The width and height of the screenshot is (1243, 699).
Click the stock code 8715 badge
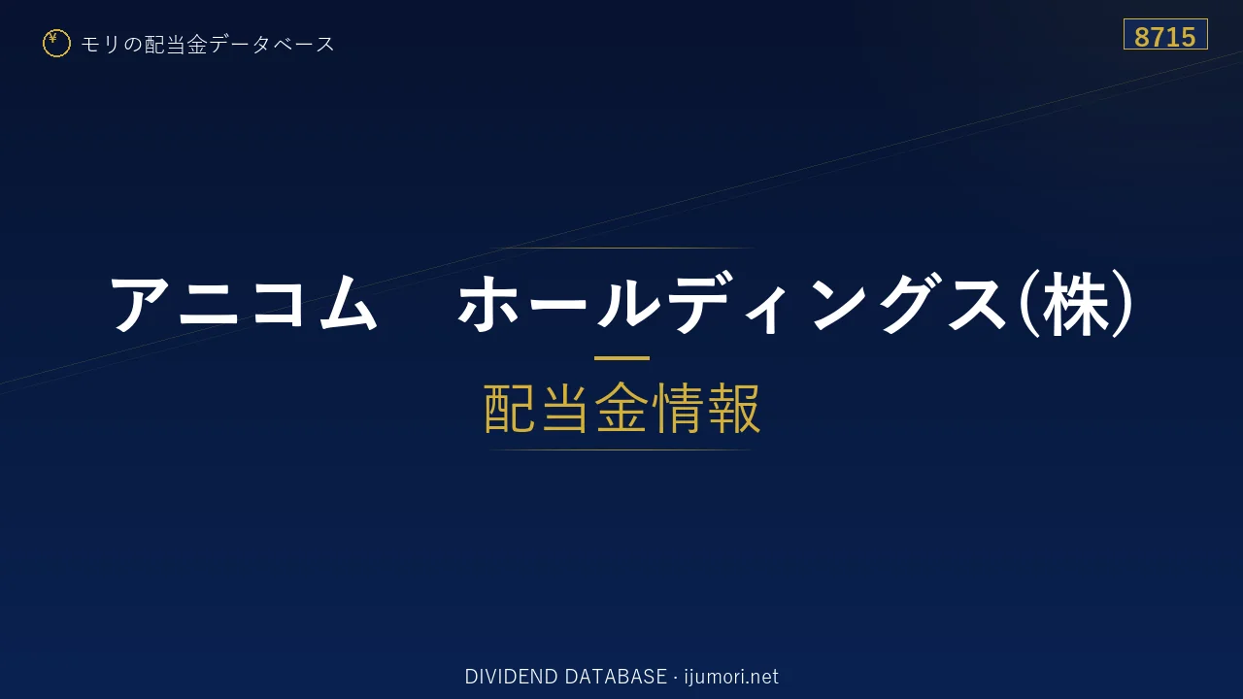pos(1165,34)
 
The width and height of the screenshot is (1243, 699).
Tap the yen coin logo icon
pos(56,44)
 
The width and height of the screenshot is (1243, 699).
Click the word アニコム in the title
pos(244,304)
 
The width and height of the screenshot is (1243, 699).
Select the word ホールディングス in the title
pos(732,304)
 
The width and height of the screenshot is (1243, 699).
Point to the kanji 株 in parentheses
pos(1076,304)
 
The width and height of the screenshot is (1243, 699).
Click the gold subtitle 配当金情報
pos(621,408)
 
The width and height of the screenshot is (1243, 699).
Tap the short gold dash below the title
pos(621,358)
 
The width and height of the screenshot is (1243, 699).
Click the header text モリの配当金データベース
pos(208,44)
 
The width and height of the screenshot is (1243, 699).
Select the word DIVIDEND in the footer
pos(511,677)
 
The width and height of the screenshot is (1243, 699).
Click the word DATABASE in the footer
pos(616,677)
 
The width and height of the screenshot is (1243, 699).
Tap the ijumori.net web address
pos(731,677)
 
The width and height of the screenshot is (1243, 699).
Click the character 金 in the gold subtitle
pos(621,408)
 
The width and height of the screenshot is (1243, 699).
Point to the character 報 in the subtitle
pos(733,408)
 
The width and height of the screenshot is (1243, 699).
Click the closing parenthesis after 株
pos(1122,304)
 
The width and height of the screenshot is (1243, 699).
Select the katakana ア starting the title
pos(139,304)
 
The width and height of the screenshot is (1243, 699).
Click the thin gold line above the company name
pos(621,248)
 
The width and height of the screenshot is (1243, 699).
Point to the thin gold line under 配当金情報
pos(621,449)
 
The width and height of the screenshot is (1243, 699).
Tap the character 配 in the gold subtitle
pos(510,408)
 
